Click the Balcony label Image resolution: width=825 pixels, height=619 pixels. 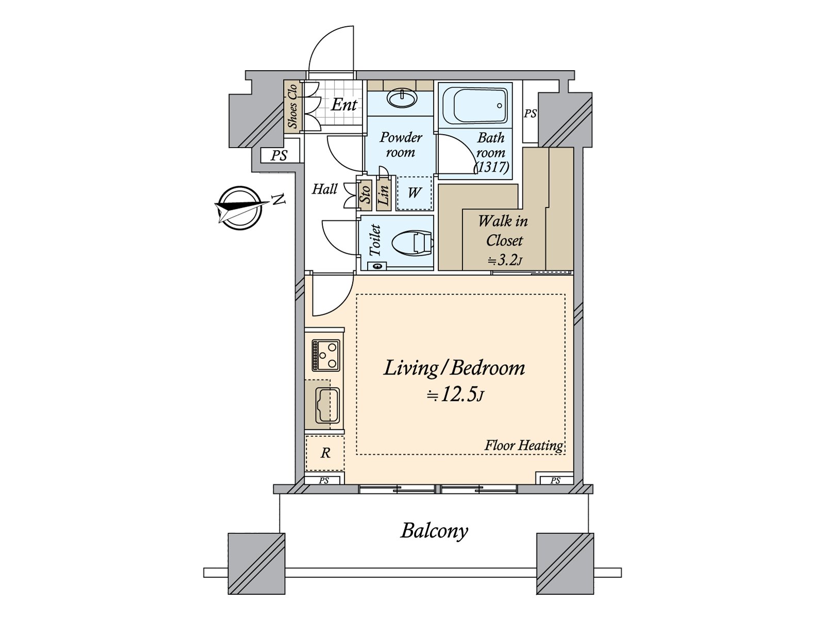pyautogui.click(x=434, y=531)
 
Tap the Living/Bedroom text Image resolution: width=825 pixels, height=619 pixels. pyautogui.click(x=454, y=368)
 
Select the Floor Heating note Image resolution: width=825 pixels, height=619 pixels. pyautogui.click(x=523, y=446)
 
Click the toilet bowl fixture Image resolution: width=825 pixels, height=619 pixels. pyautogui.click(x=412, y=243)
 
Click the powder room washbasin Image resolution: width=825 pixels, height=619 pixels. pyautogui.click(x=402, y=99)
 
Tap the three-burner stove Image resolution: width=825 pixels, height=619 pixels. pyautogui.click(x=325, y=355)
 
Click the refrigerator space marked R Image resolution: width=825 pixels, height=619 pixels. pyautogui.click(x=325, y=453)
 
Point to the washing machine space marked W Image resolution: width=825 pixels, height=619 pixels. pyautogui.click(x=414, y=193)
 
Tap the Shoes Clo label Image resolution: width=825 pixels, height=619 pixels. pyautogui.click(x=292, y=106)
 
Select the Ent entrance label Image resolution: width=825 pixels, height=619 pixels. pyautogui.click(x=344, y=105)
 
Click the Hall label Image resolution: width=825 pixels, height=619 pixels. pyautogui.click(x=324, y=189)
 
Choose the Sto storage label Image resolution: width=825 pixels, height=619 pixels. pyautogui.click(x=365, y=194)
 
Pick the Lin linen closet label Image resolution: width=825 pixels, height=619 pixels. pyautogui.click(x=384, y=194)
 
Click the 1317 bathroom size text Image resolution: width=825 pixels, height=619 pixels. pyautogui.click(x=492, y=167)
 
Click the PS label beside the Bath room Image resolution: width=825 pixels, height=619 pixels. pyautogui.click(x=530, y=113)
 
